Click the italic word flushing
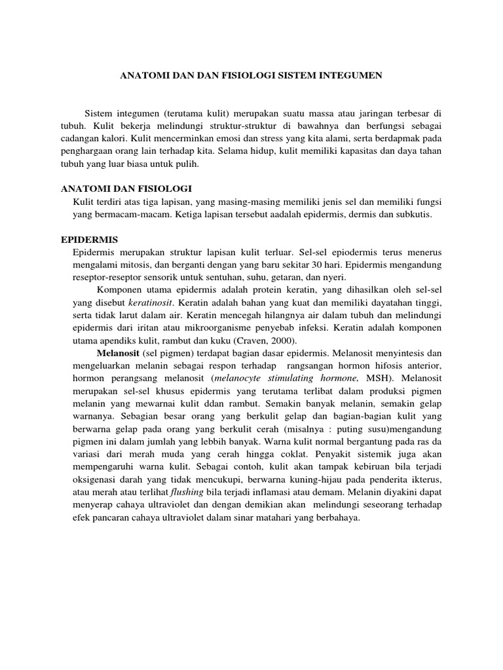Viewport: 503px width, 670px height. tap(185, 491)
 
